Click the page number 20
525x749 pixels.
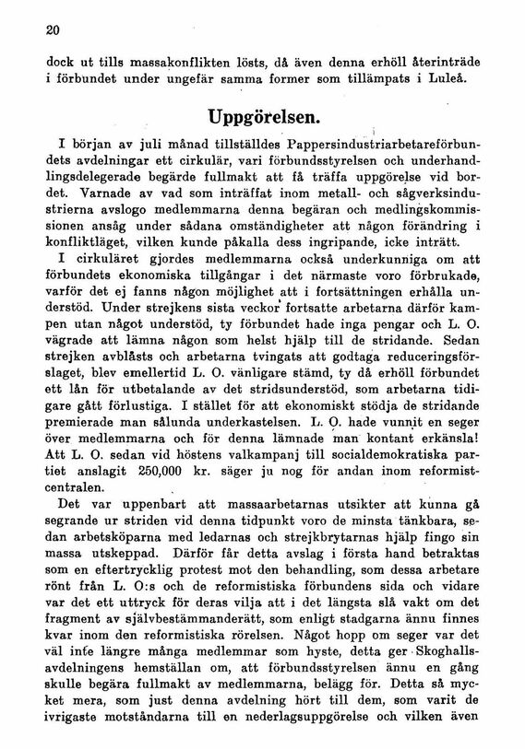click(x=52, y=29)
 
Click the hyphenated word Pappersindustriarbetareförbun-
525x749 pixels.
click(x=379, y=146)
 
